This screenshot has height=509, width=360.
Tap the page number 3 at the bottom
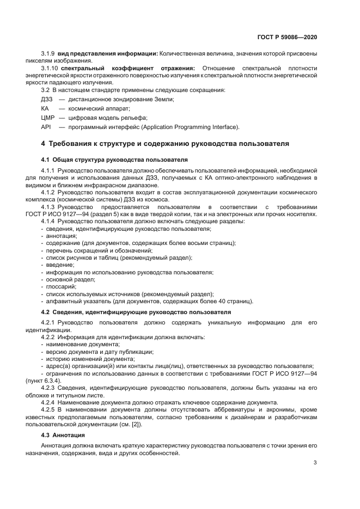(315, 463)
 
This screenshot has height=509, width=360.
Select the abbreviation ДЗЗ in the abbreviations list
(47, 99)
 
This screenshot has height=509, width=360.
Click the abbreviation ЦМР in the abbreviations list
(48, 118)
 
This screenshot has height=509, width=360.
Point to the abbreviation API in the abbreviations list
(46, 127)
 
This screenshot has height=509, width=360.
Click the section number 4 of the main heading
(44, 144)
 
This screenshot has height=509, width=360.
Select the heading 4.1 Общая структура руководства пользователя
(114, 160)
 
